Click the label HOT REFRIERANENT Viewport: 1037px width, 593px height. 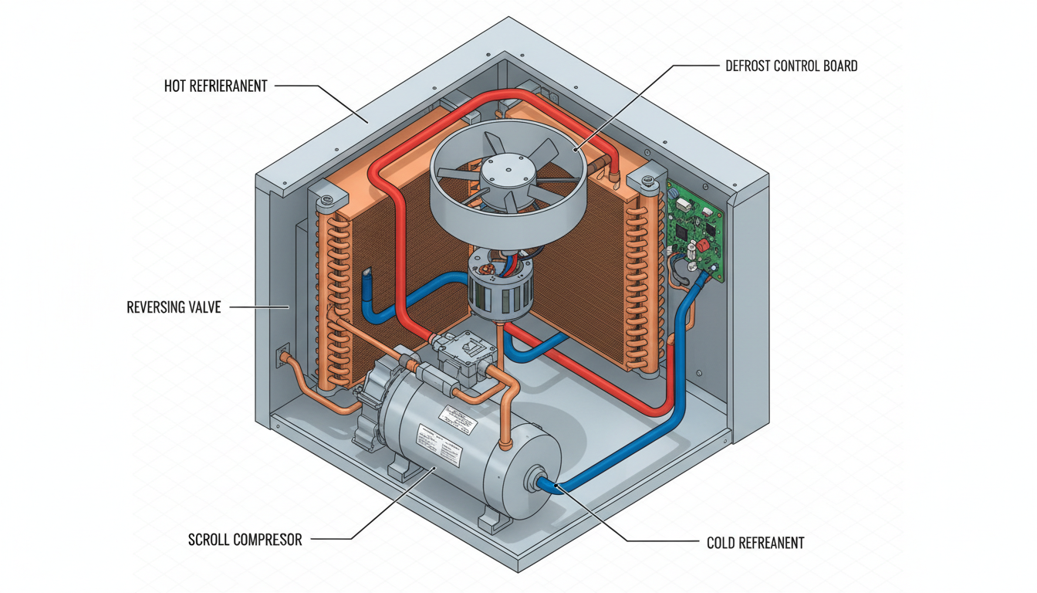pyautogui.click(x=215, y=86)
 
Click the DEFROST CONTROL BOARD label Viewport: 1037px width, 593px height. pyautogui.click(x=791, y=66)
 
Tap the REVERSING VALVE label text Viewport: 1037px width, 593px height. pyautogui.click(x=174, y=307)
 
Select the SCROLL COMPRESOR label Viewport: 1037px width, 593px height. pyautogui.click(x=245, y=539)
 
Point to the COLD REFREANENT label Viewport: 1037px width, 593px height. pyautogui.click(x=755, y=543)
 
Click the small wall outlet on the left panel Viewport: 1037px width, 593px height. pyautogui.click(x=283, y=354)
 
